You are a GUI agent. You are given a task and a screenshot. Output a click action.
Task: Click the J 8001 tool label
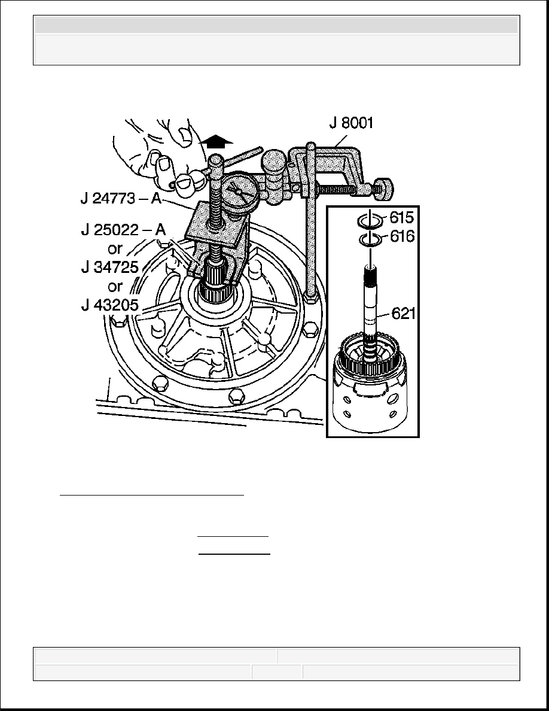tap(351, 123)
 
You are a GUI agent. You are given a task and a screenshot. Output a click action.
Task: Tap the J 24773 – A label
tap(121, 198)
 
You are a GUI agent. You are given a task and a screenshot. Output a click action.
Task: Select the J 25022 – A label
tap(123, 230)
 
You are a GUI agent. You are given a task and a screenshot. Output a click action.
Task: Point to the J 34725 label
tap(109, 267)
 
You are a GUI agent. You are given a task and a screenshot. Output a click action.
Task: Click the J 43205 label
tap(109, 305)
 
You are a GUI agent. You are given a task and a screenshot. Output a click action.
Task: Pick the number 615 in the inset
tap(401, 218)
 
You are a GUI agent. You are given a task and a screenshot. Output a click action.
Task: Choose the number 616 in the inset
tap(401, 236)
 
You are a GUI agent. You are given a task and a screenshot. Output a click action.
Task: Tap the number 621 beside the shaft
tap(403, 314)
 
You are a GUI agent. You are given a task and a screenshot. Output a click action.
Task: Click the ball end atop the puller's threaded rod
tap(216, 160)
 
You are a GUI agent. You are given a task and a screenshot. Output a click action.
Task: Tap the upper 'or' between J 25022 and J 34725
tap(115, 249)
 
